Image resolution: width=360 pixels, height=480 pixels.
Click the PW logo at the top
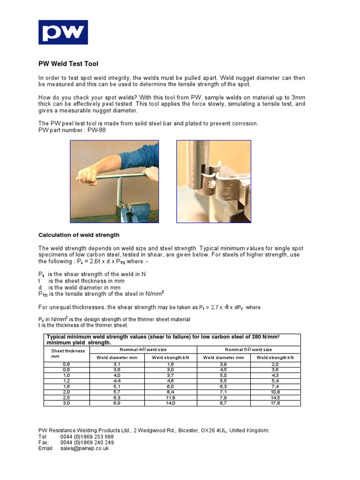(63, 32)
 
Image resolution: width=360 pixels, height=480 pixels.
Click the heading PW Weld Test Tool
(68, 64)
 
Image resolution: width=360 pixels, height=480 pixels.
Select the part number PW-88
(97, 130)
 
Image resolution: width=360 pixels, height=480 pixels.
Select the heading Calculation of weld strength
(79, 235)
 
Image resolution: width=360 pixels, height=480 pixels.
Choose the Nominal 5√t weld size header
(248, 350)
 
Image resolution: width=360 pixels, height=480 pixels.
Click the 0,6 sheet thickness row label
(66, 364)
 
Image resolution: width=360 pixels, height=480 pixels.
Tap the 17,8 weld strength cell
(275, 403)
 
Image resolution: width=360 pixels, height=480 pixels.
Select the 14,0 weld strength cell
(170, 403)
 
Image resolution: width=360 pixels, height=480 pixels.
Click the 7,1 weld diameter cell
(223, 392)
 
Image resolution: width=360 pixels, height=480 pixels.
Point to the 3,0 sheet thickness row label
(66, 403)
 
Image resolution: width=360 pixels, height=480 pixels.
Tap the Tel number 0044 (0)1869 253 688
(87, 436)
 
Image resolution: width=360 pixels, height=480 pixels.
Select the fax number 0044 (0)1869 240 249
(87, 442)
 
